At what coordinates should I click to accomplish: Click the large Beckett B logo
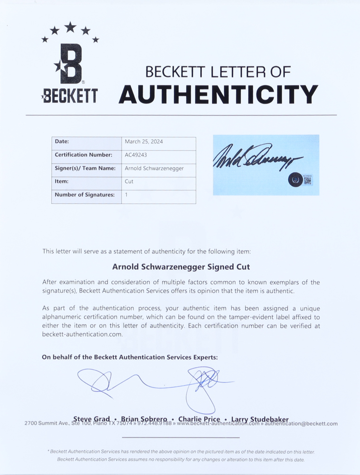tap(71, 64)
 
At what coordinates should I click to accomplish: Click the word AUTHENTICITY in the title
tap(218, 94)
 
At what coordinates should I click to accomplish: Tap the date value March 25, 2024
tap(144, 142)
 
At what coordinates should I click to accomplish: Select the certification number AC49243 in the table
tap(135, 155)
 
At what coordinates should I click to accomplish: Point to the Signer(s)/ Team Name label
tap(85, 168)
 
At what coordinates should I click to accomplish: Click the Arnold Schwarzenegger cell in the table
tap(154, 168)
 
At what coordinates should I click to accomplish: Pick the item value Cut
tap(129, 181)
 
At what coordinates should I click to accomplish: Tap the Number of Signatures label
tap(85, 195)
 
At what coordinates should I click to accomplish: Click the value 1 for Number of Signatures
tap(126, 195)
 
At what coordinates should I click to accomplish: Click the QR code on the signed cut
tap(307, 180)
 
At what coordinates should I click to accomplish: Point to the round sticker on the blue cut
tap(295, 180)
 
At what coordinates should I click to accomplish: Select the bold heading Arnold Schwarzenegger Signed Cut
tap(181, 267)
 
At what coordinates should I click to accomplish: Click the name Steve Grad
tap(92, 419)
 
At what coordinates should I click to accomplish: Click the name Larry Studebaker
tap(260, 419)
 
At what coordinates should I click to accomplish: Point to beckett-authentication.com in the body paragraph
tap(83, 334)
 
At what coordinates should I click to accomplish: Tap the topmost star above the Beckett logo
tap(70, 27)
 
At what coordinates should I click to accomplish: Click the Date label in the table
tap(62, 142)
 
